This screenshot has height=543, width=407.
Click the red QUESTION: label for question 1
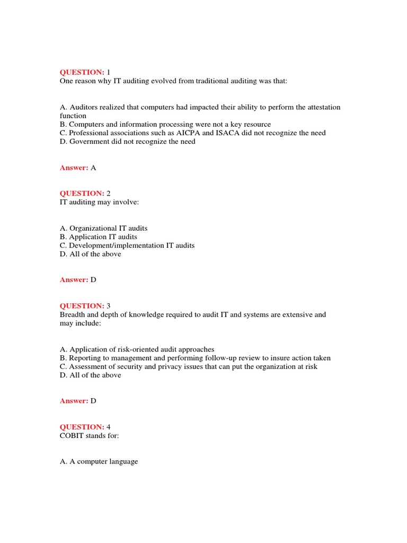click(82, 72)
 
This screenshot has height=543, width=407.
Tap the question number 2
click(109, 194)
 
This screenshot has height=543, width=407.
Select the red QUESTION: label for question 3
click(82, 306)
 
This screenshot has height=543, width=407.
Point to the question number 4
click(109, 427)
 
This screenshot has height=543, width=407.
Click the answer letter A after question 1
click(93, 168)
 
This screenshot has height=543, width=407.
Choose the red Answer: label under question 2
click(74, 280)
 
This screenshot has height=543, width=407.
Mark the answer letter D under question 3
click(93, 401)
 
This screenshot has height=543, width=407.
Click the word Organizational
click(94, 229)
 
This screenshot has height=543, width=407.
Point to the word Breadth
click(73, 314)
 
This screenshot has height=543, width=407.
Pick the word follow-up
click(223, 358)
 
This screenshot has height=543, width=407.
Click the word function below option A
click(73, 116)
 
